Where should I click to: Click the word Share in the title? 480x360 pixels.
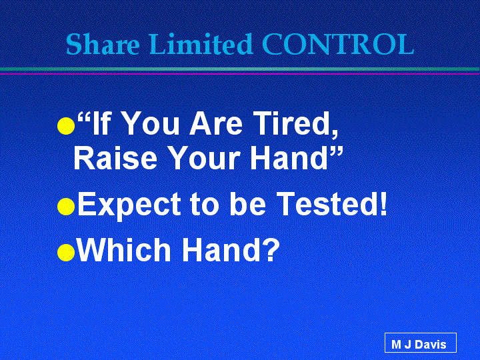pyautogui.click(x=103, y=45)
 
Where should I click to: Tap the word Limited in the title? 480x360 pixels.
pyautogui.click(x=201, y=44)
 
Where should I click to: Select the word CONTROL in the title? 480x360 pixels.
pyautogui.click(x=338, y=45)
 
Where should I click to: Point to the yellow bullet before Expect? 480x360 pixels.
pyautogui.click(x=66, y=206)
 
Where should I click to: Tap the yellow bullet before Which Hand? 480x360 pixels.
pyautogui.click(x=66, y=253)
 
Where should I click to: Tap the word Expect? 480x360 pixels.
pyautogui.click(x=129, y=205)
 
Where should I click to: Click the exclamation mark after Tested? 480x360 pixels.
pyautogui.click(x=383, y=203)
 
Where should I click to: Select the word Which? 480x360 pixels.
pyautogui.click(x=124, y=250)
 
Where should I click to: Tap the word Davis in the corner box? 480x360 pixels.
pyautogui.click(x=431, y=345)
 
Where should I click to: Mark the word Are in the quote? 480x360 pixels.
pyautogui.click(x=216, y=123)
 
